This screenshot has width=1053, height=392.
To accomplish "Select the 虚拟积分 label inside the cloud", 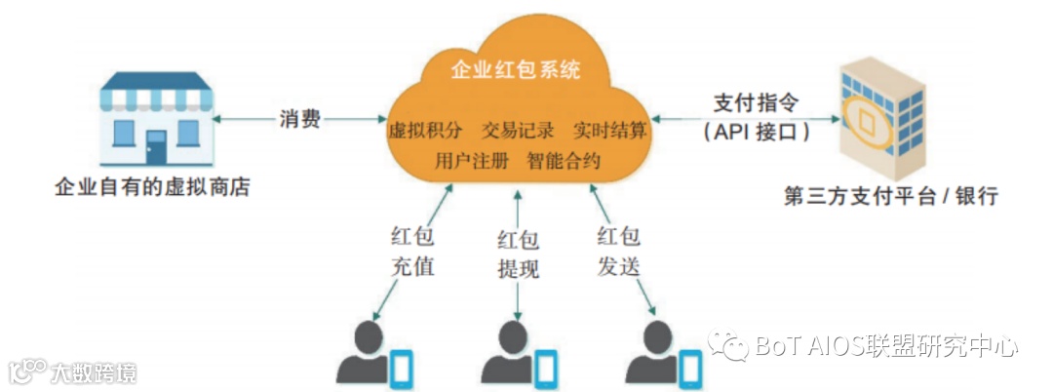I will tap(424, 130).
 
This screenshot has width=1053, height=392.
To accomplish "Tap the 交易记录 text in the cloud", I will tap(518, 130).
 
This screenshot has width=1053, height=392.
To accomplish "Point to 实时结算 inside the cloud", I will tap(609, 130).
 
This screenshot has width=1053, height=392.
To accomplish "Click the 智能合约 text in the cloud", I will tap(564, 160).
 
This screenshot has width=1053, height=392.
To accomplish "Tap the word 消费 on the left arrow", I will tap(298, 120).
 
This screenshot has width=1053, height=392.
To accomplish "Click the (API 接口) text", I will tap(756, 132).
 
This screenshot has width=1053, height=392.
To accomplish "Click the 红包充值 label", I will tap(411, 251).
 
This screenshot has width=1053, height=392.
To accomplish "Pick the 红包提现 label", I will tap(517, 255).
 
